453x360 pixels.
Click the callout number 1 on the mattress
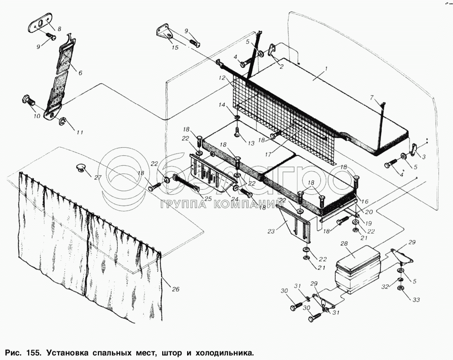pyautogui.click(x=326, y=69)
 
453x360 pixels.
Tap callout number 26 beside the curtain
pyautogui.click(x=176, y=289)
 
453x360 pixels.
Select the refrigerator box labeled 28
pyautogui.click(x=358, y=269)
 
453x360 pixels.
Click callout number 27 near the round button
pyautogui.click(x=98, y=178)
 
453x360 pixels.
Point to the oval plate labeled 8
pyautogui.click(x=40, y=24)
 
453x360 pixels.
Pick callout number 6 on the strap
pyautogui.click(x=80, y=73)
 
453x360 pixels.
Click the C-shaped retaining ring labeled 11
pyautogui.click(x=63, y=122)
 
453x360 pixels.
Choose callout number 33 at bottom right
pyautogui.click(x=416, y=300)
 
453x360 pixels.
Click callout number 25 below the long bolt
pyautogui.click(x=208, y=199)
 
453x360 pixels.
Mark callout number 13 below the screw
pyautogui.click(x=251, y=143)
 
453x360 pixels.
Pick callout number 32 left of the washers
pyautogui.click(x=385, y=287)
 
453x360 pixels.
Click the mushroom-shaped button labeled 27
pyautogui.click(x=81, y=167)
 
